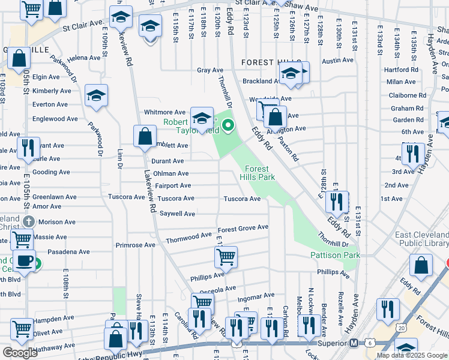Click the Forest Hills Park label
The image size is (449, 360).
pos(257,173)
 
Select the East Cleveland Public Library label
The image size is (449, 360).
pos(421,239)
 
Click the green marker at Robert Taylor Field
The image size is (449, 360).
pos(228,125)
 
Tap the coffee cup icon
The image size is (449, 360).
pos(25,262)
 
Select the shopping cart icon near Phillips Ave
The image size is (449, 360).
pos(226,257)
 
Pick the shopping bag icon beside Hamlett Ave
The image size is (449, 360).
pos(145,136)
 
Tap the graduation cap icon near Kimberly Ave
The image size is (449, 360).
pos(96,95)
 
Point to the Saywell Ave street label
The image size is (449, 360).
pos(177,214)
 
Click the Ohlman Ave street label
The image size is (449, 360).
pos(170,173)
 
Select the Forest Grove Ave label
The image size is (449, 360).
pos(243,228)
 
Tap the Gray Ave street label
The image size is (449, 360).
pos(210,70)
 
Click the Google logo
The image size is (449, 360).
pos(20,353)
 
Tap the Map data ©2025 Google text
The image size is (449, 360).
pos(412,355)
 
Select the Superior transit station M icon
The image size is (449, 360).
pos(354,343)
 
